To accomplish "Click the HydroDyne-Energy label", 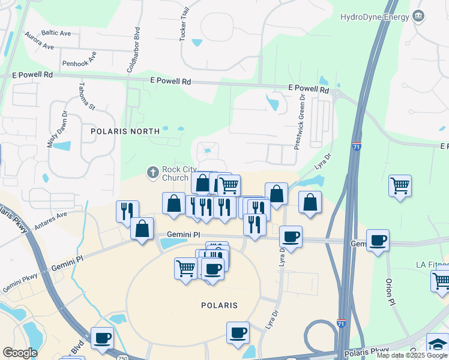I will pos(373,17).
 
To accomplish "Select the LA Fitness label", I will pos(432,265).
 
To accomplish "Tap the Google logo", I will pos(20,352).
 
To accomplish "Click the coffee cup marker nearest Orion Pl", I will pos(378,241).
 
